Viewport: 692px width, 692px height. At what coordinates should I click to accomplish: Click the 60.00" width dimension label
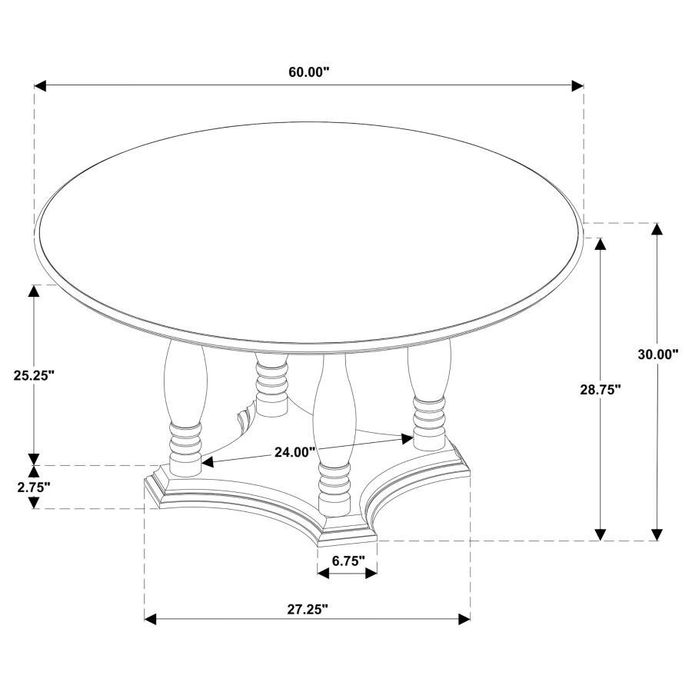pyautogui.click(x=309, y=72)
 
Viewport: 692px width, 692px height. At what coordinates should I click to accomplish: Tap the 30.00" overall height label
pyautogui.click(x=658, y=354)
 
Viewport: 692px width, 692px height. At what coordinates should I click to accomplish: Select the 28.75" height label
pyautogui.click(x=601, y=390)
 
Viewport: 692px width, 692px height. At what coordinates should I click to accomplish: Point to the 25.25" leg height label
pyautogui.click(x=34, y=375)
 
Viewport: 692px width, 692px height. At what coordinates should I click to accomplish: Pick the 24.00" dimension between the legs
pyautogui.click(x=295, y=452)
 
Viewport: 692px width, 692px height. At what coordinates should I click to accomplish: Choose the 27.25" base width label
pyautogui.click(x=308, y=610)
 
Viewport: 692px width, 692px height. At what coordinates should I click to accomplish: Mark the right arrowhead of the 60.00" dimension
pyautogui.click(x=577, y=85)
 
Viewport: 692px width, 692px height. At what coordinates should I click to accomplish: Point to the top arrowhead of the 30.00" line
pyautogui.click(x=657, y=228)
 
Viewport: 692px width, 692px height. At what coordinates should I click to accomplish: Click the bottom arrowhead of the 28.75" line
pyautogui.click(x=601, y=534)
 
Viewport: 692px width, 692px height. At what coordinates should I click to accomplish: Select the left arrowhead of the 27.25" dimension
pyautogui.click(x=151, y=619)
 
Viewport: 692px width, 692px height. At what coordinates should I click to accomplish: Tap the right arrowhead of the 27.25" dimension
pyautogui.click(x=464, y=619)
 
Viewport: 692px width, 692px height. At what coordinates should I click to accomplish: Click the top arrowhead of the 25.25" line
pyautogui.click(x=34, y=290)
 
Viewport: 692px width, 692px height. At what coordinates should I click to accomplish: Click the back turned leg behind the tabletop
pyautogui.click(x=271, y=384)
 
